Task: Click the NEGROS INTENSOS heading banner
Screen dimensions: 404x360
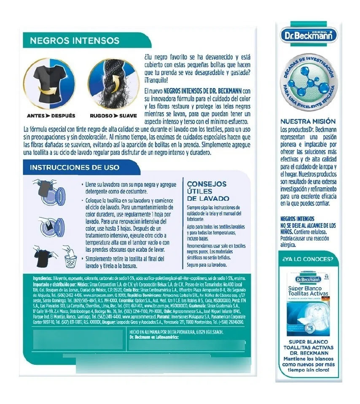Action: tap(75, 41)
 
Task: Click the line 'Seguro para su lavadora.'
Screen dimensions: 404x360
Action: tap(207, 265)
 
